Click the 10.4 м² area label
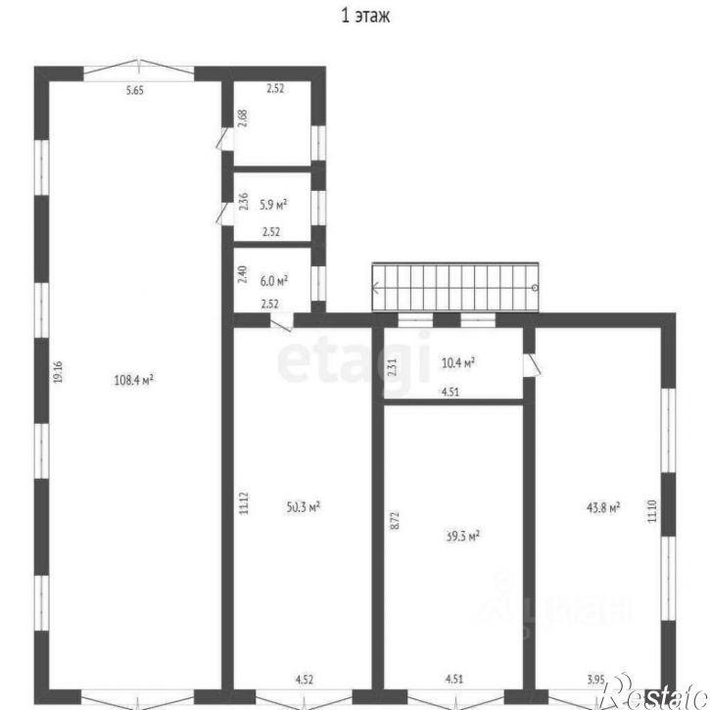pyautogui.click(x=458, y=362)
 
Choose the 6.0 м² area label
pyautogui.click(x=273, y=279)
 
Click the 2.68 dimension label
pyautogui.click(x=243, y=118)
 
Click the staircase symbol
pyautogui.click(x=455, y=288)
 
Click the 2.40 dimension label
pyautogui.click(x=243, y=275)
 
